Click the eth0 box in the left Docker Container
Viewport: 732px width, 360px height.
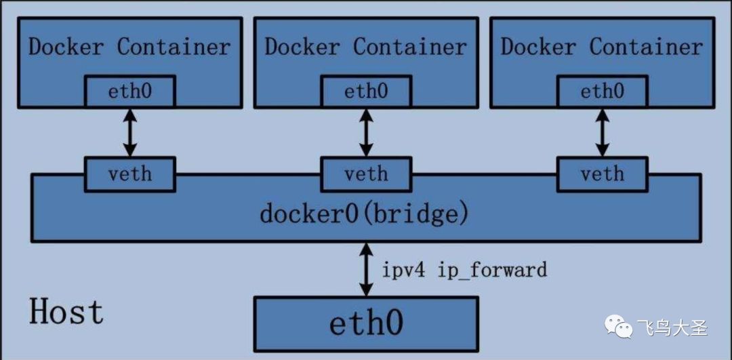tap(129, 92)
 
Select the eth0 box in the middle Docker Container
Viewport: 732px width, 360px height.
tap(366, 92)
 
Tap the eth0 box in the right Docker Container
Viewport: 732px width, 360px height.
tap(603, 92)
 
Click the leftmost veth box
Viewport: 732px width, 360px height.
tap(129, 174)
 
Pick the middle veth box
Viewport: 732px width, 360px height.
tap(366, 174)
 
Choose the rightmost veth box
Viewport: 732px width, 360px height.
tap(603, 174)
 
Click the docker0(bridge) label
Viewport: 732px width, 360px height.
tap(364, 214)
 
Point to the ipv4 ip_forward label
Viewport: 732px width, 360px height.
tap(464, 270)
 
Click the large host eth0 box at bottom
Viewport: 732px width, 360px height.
tap(366, 323)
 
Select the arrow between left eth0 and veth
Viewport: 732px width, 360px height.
tap(129, 133)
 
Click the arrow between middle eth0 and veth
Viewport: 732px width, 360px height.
tap(366, 133)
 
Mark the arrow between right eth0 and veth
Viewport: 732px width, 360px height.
tap(603, 133)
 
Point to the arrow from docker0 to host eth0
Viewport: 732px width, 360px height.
tap(366, 269)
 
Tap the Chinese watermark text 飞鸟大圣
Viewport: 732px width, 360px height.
tap(673, 327)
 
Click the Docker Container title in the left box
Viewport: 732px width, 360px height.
tap(129, 47)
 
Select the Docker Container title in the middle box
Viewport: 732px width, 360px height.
tap(366, 47)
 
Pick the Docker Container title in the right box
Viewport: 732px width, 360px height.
tap(603, 47)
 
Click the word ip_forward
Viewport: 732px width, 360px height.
tap(492, 271)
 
